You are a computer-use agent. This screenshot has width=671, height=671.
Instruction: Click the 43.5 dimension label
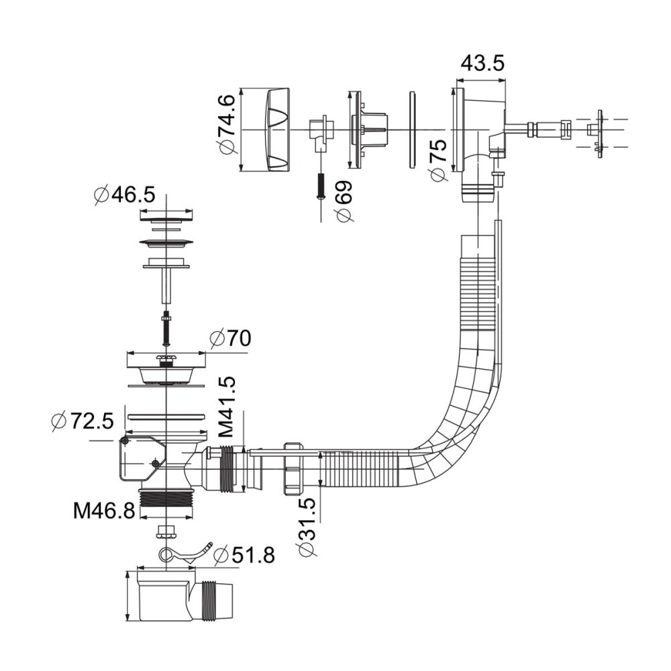tap(482, 63)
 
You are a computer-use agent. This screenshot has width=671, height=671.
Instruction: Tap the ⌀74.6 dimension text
tap(227, 124)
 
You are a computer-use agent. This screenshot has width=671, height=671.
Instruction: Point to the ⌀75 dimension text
tap(438, 160)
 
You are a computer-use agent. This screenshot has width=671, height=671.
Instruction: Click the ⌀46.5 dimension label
tap(125, 195)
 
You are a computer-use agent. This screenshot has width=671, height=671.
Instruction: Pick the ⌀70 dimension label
tap(230, 338)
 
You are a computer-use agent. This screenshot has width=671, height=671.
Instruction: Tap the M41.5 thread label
tap(226, 407)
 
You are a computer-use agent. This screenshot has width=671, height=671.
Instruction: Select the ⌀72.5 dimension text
tap(82, 421)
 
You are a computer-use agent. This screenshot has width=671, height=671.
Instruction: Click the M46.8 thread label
tap(104, 511)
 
